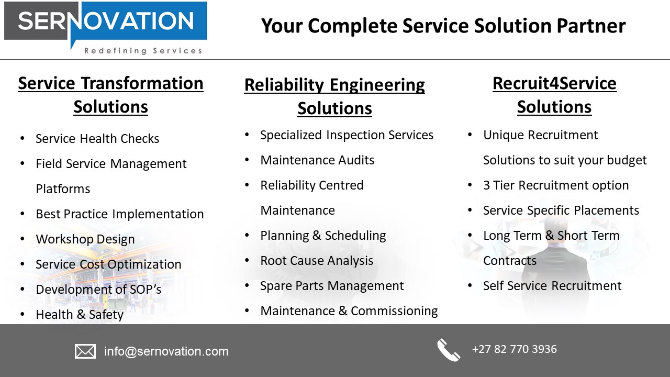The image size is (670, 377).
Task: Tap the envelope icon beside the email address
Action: click(x=85, y=351)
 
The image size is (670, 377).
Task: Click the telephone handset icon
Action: click(x=449, y=350)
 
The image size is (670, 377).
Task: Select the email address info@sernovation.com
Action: click(x=166, y=351)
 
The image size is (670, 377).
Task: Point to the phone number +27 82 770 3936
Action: click(x=514, y=349)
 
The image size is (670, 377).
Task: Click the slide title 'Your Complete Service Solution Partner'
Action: click(x=443, y=26)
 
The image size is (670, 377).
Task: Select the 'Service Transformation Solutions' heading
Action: click(x=110, y=95)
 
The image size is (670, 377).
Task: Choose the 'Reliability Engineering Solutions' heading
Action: click(x=334, y=96)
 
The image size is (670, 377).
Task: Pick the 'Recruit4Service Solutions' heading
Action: click(x=554, y=95)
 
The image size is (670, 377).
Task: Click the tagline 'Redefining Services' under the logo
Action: click(x=143, y=51)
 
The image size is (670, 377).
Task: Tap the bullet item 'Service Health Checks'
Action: click(x=97, y=139)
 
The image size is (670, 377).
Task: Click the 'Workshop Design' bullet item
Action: click(x=85, y=239)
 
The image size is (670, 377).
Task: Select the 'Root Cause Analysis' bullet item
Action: click(x=317, y=261)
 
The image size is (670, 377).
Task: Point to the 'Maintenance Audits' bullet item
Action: click(x=317, y=160)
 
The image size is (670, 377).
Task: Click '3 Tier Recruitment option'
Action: click(x=556, y=185)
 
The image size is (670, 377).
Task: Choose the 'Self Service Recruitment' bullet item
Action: click(x=552, y=286)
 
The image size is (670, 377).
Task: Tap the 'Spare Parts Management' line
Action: click(x=332, y=286)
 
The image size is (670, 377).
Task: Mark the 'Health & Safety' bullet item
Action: click(x=80, y=315)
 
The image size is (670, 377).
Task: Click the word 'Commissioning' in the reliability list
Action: click(x=394, y=311)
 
